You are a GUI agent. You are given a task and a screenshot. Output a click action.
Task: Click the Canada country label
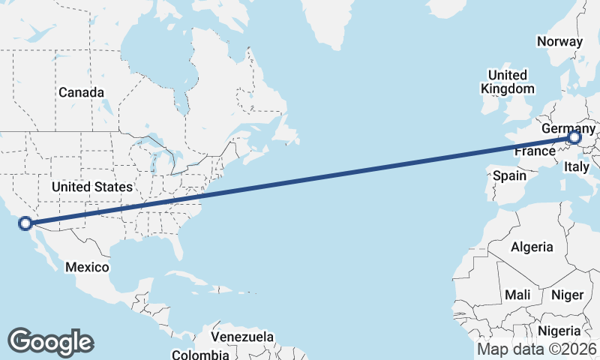pyautogui.click(x=82, y=92)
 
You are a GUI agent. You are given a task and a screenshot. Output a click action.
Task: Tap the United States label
pyautogui.click(x=92, y=186)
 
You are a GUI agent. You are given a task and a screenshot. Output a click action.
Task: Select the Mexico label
pyautogui.click(x=87, y=267)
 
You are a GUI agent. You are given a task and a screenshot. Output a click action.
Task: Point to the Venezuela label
pyautogui.click(x=242, y=337)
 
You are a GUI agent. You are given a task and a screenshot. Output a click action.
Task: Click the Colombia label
pyautogui.click(x=200, y=354)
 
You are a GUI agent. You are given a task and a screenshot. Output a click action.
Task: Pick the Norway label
pyautogui.click(x=559, y=41)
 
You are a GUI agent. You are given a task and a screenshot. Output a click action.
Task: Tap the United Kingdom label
pyautogui.click(x=508, y=82)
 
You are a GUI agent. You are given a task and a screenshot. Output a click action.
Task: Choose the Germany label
pyautogui.click(x=568, y=128)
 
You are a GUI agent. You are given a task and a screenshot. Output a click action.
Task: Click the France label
pyautogui.click(x=534, y=151)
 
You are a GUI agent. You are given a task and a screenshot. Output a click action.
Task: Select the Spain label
pyautogui.click(x=509, y=176)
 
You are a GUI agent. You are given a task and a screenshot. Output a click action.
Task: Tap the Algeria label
pyautogui.click(x=532, y=247)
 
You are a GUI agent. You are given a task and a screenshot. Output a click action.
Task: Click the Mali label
pyautogui.click(x=517, y=295)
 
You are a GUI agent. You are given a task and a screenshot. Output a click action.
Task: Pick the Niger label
pyautogui.click(x=567, y=295)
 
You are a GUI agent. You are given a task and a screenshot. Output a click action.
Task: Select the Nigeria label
pyautogui.click(x=559, y=331)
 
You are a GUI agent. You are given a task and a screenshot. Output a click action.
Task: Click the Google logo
pyautogui.click(x=50, y=341)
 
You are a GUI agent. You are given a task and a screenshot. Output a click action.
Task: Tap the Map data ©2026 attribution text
pyautogui.click(x=537, y=349)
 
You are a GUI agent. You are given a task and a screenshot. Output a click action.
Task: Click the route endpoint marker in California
pyautogui.click(x=25, y=223)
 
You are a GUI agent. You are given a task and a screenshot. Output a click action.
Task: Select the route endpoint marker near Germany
pyautogui.click(x=574, y=138)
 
